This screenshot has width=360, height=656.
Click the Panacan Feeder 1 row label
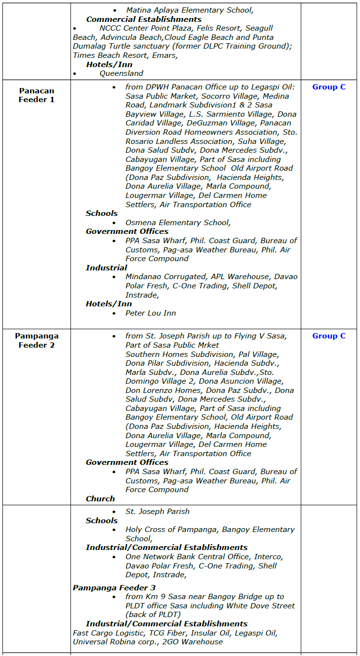(36, 95)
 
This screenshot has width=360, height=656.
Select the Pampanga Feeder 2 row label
(36, 340)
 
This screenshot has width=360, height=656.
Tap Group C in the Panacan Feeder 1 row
(329, 87)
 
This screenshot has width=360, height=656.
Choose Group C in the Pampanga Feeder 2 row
(329, 336)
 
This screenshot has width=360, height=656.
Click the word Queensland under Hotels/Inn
(121, 73)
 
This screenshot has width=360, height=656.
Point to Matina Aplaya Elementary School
(190, 10)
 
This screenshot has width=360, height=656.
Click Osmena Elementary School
(178, 223)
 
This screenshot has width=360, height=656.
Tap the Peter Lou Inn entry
(150, 313)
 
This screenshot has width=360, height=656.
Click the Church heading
(100, 499)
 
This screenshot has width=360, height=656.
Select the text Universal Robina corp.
(108, 642)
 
